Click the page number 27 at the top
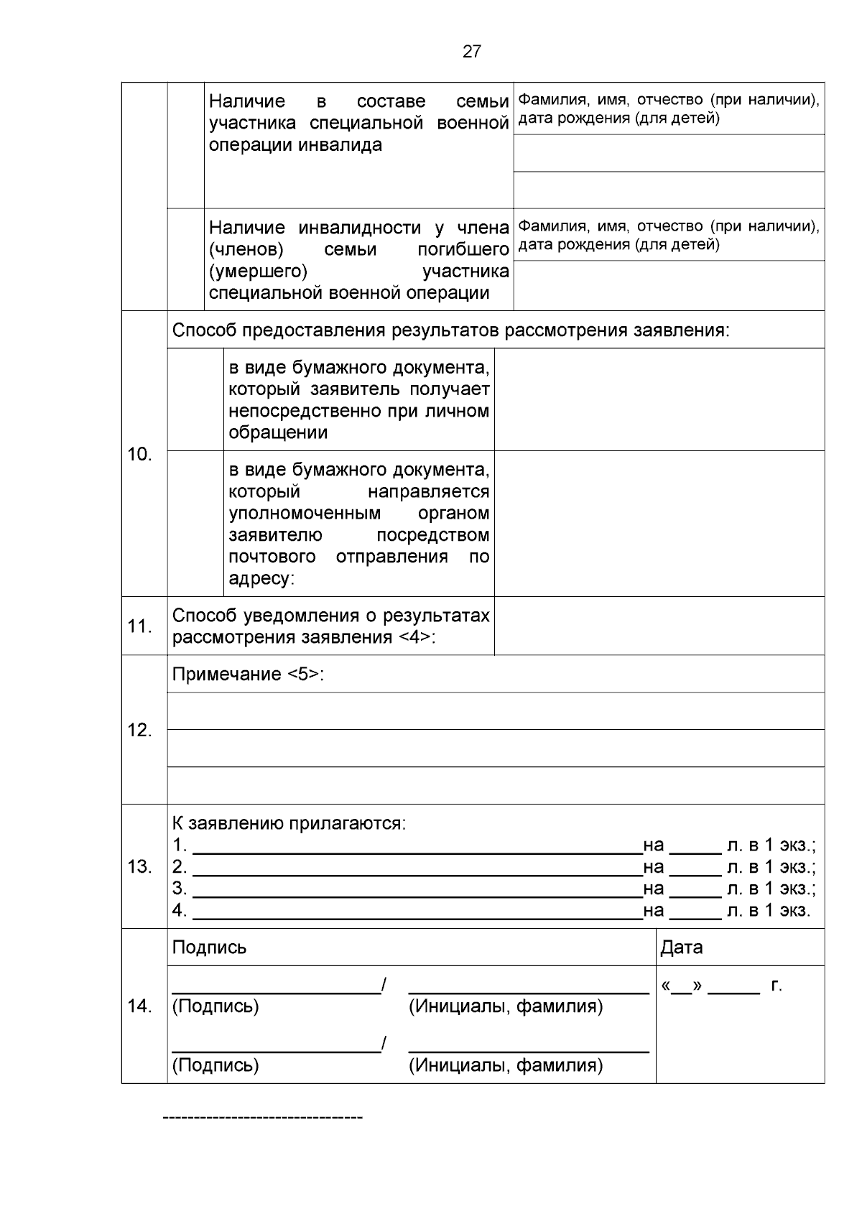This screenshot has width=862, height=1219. coord(471,52)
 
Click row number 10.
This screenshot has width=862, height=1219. coord(139,454)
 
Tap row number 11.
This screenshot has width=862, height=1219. coord(139,626)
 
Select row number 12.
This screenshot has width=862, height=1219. coord(139,731)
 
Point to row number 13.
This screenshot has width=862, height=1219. coord(139,867)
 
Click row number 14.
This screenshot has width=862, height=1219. coord(139,1006)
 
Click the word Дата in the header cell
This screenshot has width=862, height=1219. coord(681,947)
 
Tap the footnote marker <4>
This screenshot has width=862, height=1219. coord(415,638)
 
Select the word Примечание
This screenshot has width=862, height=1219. coord(226,675)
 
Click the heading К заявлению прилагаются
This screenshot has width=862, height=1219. coord(289,823)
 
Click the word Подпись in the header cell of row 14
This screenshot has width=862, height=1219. coord(209,947)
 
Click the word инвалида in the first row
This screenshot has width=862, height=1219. coord(340,145)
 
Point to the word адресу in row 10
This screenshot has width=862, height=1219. coord(260,579)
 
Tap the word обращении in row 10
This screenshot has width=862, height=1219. coord(278,433)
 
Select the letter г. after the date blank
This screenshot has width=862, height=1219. coord(776,986)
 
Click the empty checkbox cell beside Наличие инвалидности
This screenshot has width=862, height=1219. coord(186,260)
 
